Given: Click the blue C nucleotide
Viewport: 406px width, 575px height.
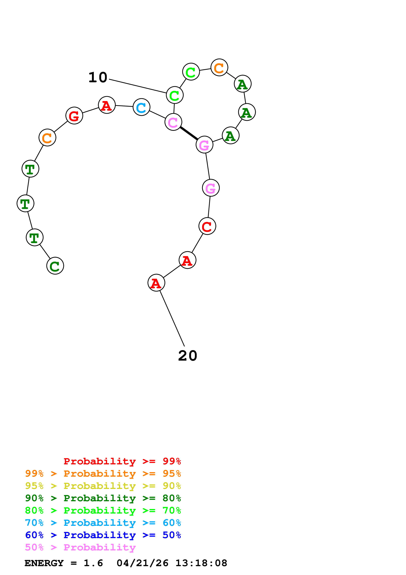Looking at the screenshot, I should tap(141, 107).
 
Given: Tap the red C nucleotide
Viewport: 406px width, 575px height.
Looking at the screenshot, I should tap(207, 226).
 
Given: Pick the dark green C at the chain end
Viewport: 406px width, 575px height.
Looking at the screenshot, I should tap(55, 266).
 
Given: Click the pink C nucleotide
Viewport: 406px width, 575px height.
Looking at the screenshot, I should tap(173, 122).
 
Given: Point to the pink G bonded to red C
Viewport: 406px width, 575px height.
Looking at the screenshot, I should tap(211, 188).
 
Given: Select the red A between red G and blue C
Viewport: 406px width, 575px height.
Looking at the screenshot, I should tap(107, 105).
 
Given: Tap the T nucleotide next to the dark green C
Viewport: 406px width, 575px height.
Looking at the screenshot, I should tap(35, 237).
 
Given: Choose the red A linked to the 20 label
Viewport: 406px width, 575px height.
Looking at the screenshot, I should tap(156, 283).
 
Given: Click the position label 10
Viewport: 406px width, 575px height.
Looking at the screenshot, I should tap(98, 77).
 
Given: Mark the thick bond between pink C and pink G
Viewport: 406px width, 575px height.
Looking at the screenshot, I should tap(189, 133).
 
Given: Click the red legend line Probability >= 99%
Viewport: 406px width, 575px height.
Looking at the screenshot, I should tap(122, 461).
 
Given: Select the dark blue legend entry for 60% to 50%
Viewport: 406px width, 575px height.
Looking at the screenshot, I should tap(103, 535).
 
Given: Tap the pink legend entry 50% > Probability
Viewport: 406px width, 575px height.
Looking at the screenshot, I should tap(80, 547).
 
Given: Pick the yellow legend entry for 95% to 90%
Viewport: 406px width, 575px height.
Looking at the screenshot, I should tap(103, 486).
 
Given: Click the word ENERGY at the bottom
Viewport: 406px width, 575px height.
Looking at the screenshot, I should tap(44, 563).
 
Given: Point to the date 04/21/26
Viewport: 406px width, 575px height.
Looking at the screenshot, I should tap(142, 563).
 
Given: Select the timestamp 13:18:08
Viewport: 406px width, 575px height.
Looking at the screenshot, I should tap(201, 563).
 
